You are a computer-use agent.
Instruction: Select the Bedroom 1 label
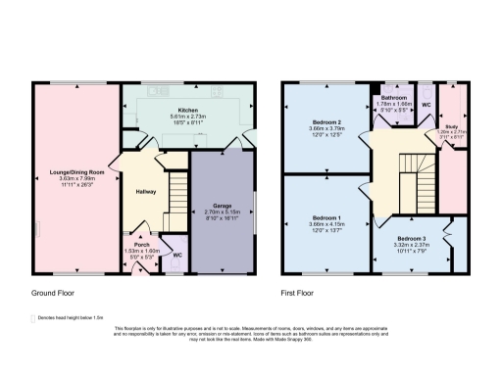coord(324,216)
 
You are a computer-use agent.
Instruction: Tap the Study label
coord(451,125)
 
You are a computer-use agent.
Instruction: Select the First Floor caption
coord(300,293)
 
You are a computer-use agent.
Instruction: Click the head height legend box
coord(34,318)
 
